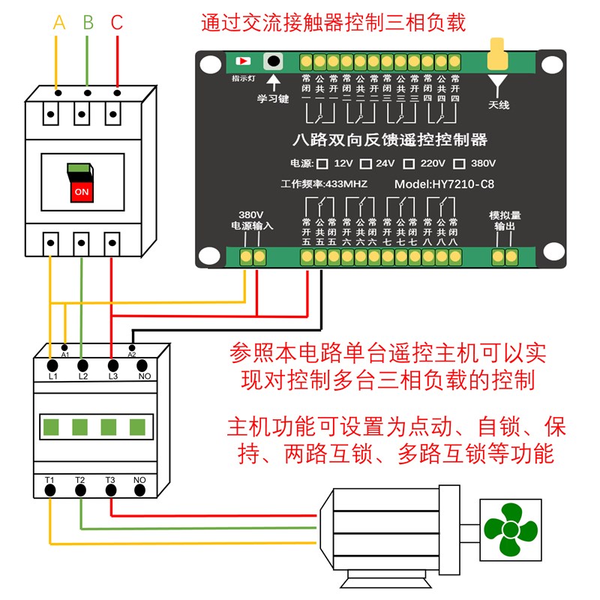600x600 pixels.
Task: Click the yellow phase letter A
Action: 59,23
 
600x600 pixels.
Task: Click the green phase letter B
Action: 88,23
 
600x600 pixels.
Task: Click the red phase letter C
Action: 116,23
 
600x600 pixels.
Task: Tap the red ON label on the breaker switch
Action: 81,191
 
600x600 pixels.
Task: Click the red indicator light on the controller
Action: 243,61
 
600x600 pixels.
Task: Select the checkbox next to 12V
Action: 322,163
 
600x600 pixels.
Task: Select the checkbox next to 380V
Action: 460,163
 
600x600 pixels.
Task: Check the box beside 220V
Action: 409,163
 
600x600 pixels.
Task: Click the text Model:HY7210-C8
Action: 444,184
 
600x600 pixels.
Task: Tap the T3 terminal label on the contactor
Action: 110,479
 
